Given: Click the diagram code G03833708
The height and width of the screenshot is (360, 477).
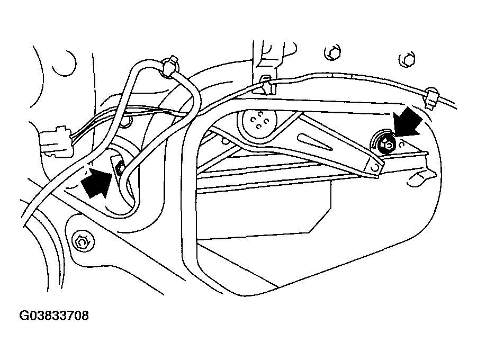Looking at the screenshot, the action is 54,316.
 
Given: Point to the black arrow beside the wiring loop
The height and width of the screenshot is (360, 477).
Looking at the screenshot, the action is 97,183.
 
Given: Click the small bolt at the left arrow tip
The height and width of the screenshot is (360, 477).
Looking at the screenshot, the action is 121,168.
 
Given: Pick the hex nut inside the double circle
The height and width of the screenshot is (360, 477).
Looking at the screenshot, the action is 83,242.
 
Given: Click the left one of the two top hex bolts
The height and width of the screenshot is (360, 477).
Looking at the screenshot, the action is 333,53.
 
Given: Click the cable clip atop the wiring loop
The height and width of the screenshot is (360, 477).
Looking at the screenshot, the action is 170,65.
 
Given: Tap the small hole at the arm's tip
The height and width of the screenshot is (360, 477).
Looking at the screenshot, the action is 375,168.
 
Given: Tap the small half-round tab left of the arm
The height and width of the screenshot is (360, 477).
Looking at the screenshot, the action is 225,141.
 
